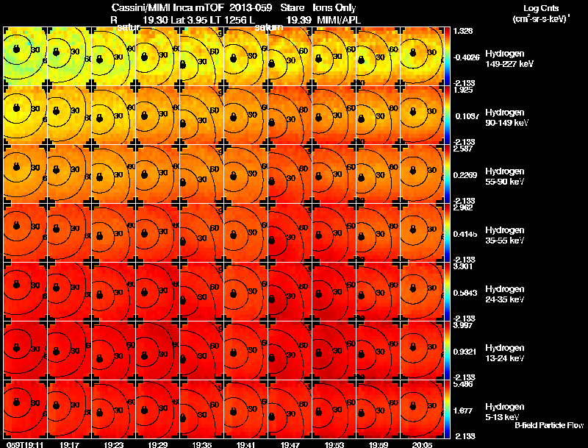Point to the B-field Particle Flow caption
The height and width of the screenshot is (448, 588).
(549, 425)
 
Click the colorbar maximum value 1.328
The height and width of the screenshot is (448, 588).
(462, 32)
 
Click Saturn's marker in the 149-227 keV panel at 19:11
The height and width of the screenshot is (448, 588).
(12, 51)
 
